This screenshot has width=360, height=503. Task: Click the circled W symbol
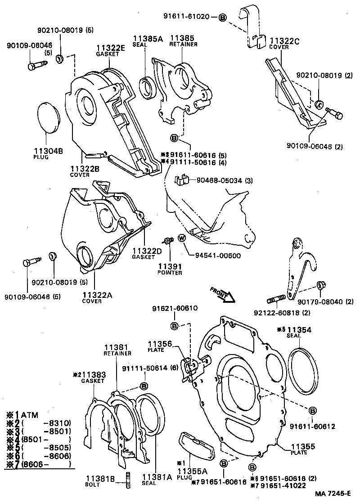182,238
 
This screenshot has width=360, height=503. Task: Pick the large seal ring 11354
303,368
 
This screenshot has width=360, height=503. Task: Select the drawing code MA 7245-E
332,493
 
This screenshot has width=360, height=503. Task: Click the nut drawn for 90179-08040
321,285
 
